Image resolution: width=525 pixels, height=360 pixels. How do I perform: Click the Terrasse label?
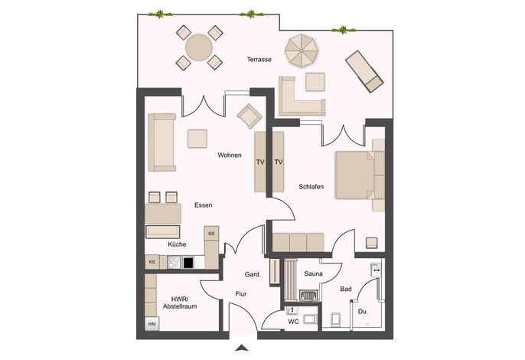[x=259, y=59]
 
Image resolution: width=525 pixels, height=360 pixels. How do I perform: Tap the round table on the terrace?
[x=199, y=47]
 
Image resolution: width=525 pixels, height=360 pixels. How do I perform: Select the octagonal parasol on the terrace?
[x=302, y=51]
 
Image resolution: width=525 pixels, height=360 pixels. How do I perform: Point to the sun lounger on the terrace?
[x=364, y=71]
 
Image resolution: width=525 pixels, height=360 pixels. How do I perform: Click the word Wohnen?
[x=230, y=155]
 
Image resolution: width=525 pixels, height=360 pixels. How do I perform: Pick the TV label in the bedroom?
[x=279, y=162]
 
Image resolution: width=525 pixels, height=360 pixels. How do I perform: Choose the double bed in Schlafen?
[x=360, y=175]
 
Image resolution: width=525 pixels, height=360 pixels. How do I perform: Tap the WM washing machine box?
[x=152, y=324]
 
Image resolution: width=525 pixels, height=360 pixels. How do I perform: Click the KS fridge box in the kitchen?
[x=152, y=262]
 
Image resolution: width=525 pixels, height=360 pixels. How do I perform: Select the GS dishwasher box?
[x=211, y=234]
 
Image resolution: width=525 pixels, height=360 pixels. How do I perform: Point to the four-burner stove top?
[x=174, y=262]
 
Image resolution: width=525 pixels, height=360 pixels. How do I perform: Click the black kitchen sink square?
[x=188, y=263]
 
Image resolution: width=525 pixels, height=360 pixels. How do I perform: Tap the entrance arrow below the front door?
[x=241, y=348]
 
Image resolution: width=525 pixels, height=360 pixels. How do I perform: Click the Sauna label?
[x=314, y=273]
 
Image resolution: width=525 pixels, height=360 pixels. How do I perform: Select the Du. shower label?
[x=363, y=312]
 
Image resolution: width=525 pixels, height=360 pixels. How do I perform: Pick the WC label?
[x=293, y=322]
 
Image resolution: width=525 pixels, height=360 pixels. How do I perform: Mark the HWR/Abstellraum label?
[x=180, y=303]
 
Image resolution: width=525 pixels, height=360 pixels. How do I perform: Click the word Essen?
[x=204, y=205]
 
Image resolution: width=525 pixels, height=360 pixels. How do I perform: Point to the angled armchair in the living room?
[x=249, y=116]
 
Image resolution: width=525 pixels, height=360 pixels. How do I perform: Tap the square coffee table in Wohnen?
[x=197, y=139]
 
